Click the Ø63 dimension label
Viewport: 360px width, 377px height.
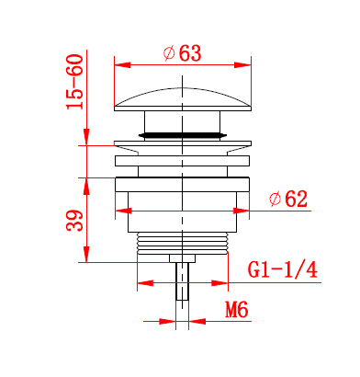[x=183, y=53]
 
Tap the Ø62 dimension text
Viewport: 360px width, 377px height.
[x=288, y=200]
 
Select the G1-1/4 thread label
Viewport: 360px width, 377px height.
[x=282, y=269]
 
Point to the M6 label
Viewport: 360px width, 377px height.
[x=237, y=310]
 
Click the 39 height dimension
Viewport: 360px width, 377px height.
[x=75, y=220]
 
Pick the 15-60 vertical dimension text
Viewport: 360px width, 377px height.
[x=75, y=82]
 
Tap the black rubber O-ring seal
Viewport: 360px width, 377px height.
[x=183, y=135]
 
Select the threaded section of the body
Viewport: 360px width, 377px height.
[x=183, y=243]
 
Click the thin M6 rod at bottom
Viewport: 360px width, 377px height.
[x=183, y=281]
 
